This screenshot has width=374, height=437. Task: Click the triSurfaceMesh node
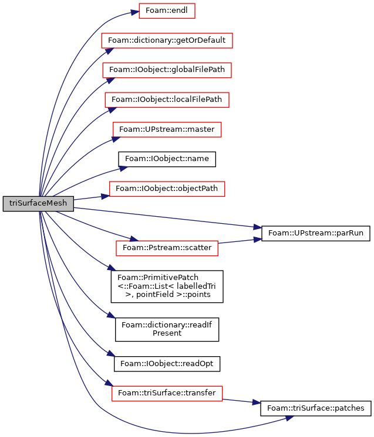[x=38, y=203]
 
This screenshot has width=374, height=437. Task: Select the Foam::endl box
[x=167, y=11]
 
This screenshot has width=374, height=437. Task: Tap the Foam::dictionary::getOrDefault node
[x=167, y=40]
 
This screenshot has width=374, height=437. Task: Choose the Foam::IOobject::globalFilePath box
[x=167, y=70]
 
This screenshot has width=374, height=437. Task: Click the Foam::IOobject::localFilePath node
[x=167, y=100]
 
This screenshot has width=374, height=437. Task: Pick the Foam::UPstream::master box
[x=167, y=129]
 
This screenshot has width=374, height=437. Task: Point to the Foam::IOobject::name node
[x=167, y=159]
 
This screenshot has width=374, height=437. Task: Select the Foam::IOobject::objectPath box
[x=167, y=189]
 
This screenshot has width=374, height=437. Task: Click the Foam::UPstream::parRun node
[x=316, y=233]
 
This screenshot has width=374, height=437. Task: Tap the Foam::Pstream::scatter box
[x=167, y=248]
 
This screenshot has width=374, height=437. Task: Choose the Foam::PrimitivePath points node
[x=167, y=286]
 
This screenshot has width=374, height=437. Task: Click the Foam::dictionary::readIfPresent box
[x=167, y=329]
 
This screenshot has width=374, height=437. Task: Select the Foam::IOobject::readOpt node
[x=167, y=364]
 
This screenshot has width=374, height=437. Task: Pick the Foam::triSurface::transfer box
[x=167, y=394]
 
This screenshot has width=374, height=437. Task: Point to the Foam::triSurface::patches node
[x=316, y=408]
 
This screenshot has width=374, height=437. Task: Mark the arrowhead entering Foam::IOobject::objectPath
[x=105, y=196]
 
